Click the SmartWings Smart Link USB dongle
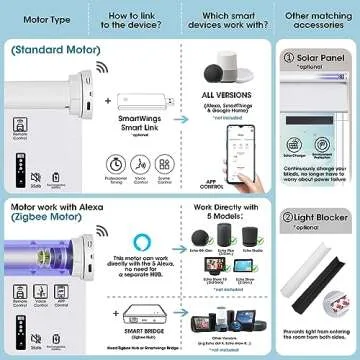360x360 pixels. pyautogui.click(x=147, y=105)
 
